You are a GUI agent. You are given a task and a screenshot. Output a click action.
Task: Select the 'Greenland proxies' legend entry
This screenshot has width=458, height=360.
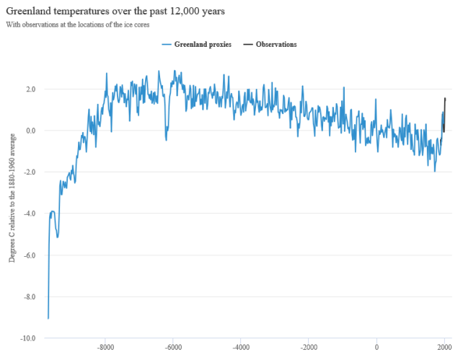pos(198,44)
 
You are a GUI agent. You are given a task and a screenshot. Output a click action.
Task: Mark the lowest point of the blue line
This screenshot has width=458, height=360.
pos(48,318)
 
